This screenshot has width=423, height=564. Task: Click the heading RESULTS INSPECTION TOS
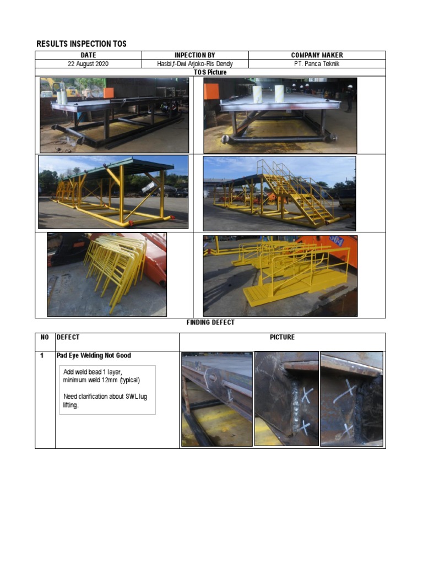(81, 44)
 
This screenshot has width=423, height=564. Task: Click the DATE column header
(88, 55)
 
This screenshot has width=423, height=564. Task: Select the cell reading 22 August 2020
(88, 63)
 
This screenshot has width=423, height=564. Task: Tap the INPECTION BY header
(195, 55)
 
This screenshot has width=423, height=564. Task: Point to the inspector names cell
(195, 63)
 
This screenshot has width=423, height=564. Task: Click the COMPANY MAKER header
(317, 55)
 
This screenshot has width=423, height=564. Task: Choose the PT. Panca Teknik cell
(317, 63)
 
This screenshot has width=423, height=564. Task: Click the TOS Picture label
(210, 72)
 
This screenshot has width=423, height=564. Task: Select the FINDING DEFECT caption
(210, 322)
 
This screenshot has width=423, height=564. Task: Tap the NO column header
(45, 337)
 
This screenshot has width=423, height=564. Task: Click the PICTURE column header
(282, 337)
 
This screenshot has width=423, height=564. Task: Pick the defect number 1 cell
(42, 356)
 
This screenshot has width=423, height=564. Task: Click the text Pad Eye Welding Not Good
(94, 356)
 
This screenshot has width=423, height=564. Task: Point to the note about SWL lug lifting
(105, 400)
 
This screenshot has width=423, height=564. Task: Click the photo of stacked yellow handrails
(107, 274)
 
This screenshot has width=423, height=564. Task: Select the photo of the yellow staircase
(279, 193)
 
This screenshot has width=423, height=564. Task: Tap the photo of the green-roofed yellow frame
(113, 192)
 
